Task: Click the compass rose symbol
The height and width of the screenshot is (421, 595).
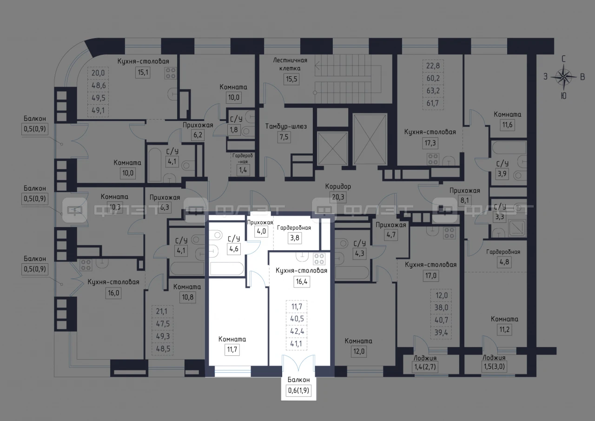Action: coord(564,77)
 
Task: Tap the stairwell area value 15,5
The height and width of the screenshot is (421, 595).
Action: coord(291,79)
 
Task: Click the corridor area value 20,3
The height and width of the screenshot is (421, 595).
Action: coord(338,198)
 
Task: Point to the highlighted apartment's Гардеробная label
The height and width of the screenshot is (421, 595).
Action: coord(294,227)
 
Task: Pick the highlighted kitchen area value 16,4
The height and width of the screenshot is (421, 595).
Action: coord(302,281)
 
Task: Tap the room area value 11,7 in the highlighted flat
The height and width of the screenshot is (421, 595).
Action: coord(232,349)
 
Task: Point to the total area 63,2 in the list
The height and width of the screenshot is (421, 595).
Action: coord(433,91)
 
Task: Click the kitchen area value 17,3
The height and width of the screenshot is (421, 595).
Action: coord(430,143)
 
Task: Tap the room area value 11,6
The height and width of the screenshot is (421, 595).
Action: coord(507,125)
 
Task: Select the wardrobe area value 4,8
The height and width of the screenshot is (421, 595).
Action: coord(504,262)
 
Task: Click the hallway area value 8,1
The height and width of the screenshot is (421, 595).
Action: coord(464,200)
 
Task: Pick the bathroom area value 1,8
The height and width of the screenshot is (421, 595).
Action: coord(234,130)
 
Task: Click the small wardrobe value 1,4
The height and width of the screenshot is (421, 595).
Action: coord(243,170)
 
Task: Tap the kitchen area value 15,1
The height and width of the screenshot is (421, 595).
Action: coord(143,72)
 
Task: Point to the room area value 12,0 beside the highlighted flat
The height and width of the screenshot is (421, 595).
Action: coord(358,351)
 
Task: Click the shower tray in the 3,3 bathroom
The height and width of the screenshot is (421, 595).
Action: coord(516,228)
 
